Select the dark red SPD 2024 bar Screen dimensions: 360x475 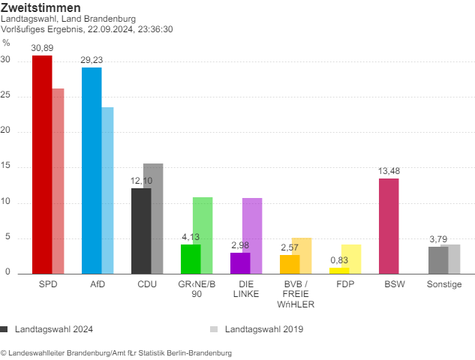click(x=42, y=165)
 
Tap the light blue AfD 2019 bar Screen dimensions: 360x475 click(x=108, y=190)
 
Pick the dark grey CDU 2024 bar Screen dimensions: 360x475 click(x=141, y=231)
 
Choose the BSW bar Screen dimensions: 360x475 click(x=389, y=226)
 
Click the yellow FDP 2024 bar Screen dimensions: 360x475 click(x=339, y=271)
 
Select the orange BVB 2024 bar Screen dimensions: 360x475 click(x=290, y=265)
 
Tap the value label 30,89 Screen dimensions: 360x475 click(x=42, y=48)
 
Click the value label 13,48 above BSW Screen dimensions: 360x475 click(x=389, y=171)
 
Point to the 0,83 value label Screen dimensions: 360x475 click(x=339, y=260)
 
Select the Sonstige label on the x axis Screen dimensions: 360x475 click(x=444, y=285)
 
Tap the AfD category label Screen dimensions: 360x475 click(x=98, y=285)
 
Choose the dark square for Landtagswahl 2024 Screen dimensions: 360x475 click(x=5, y=328)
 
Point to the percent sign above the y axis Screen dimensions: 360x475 click(x=7, y=43)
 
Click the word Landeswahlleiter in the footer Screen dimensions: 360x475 click(x=38, y=352)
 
